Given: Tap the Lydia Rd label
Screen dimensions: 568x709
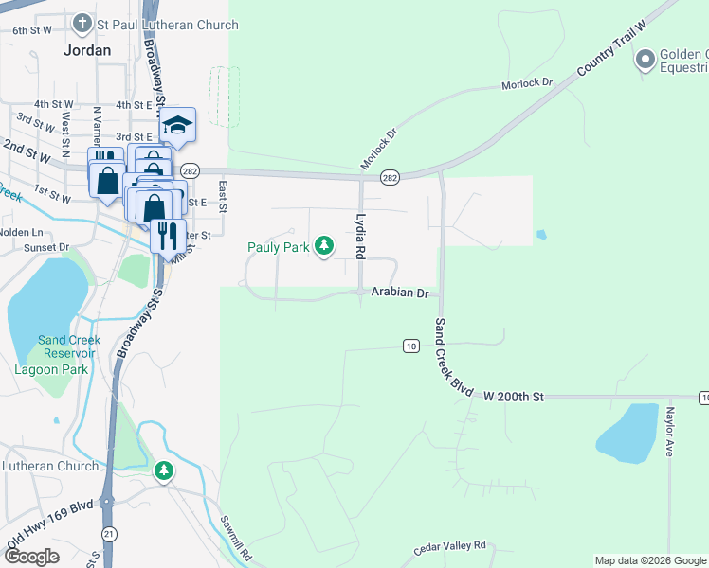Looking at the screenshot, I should coord(359,237).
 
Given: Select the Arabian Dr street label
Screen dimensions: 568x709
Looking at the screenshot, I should coord(400,293).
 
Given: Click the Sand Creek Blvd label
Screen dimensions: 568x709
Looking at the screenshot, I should coord(453,355).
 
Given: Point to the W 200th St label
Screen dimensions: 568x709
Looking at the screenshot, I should coord(514,397).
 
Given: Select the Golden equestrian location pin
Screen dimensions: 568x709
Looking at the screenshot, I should coord(645,60).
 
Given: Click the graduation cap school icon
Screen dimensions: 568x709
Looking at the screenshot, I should coord(176,124).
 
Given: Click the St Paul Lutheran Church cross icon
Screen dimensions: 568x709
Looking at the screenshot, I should coord(82,23).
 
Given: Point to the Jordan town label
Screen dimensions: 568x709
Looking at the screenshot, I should coord(86,50).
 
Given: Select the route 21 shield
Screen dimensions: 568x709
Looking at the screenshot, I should coord(110,534).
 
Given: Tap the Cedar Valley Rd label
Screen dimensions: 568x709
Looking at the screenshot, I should coord(449,547).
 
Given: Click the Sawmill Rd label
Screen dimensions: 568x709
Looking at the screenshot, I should coord(234,537).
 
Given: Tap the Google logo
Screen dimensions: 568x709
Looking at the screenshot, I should coord(31,557).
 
